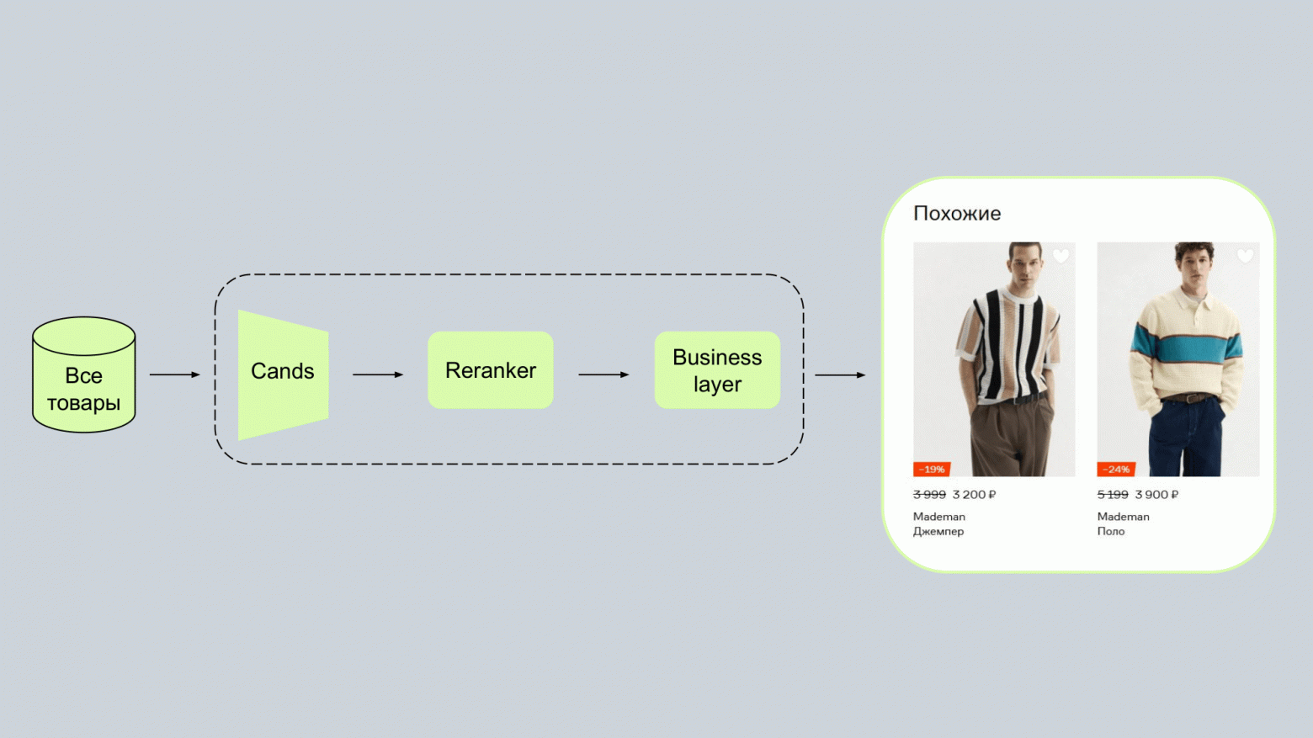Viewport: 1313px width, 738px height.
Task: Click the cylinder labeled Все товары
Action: point(84,374)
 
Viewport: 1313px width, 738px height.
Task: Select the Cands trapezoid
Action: point(283,375)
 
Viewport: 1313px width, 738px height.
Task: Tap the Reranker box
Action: point(491,370)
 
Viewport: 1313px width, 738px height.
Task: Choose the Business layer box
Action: point(717,370)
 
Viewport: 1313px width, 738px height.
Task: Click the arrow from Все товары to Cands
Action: point(175,374)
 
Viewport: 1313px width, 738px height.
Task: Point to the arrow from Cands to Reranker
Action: point(378,374)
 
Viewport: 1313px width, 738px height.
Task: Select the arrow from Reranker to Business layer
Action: point(603,374)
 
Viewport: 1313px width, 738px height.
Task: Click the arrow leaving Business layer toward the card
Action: point(840,374)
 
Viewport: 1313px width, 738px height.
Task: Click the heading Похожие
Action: point(957,214)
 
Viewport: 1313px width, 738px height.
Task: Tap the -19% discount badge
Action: point(932,469)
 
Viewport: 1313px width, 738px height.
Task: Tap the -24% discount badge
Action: point(1116,469)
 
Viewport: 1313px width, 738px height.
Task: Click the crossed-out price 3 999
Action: point(929,494)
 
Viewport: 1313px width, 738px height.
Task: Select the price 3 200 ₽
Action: point(974,494)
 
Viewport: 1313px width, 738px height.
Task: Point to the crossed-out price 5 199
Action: point(1113,494)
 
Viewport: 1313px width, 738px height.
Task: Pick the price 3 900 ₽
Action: point(1156,494)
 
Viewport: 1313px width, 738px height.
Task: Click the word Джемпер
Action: point(938,531)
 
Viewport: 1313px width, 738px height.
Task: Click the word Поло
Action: point(1111,531)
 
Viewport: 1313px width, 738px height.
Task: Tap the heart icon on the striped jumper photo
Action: point(1060,256)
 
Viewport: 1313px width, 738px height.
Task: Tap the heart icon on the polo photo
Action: point(1245,256)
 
